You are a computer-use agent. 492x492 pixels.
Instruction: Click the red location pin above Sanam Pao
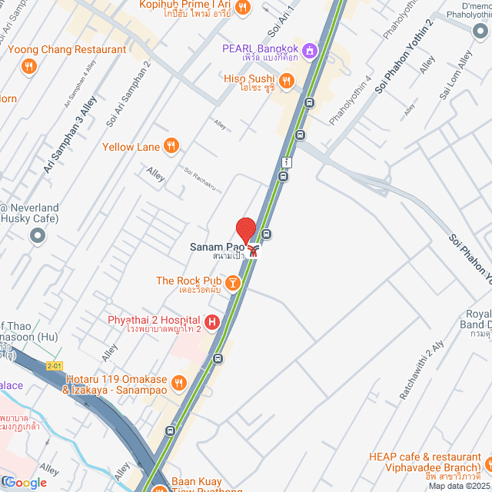tap(245, 230)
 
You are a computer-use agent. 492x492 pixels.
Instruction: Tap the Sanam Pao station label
tap(218, 248)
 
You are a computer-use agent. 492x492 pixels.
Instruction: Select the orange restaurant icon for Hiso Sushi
tap(286, 80)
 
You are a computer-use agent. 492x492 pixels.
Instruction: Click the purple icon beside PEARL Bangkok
tap(309, 50)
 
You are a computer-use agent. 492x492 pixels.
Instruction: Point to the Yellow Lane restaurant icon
tap(171, 146)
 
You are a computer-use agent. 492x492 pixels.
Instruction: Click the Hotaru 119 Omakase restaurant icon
tap(178, 382)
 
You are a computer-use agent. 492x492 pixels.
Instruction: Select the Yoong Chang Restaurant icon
tap(29, 66)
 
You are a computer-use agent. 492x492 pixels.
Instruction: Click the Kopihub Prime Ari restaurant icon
tap(242, 8)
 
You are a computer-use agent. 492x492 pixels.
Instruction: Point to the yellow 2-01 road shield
tap(53, 366)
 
